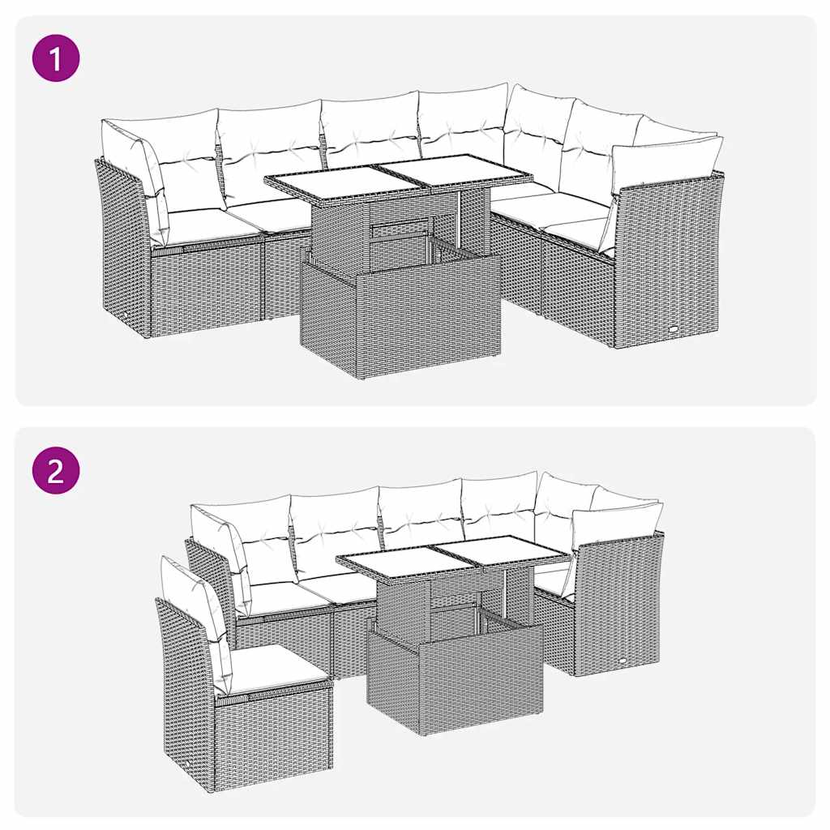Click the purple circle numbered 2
56,470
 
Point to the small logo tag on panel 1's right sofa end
675,328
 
